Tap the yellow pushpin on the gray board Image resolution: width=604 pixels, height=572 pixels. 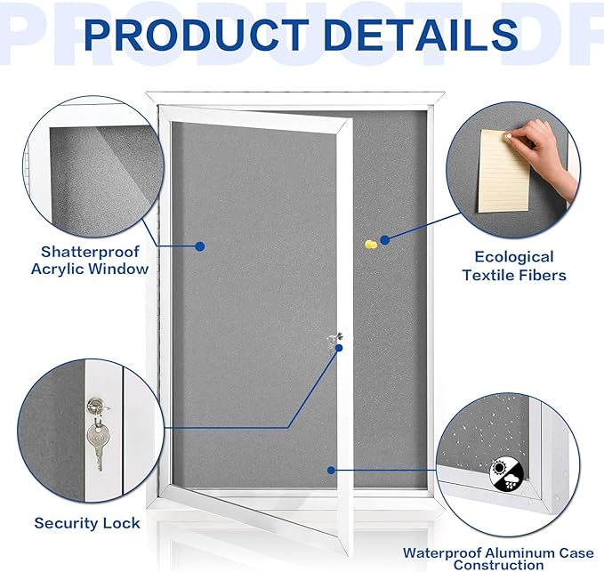coord(369,243)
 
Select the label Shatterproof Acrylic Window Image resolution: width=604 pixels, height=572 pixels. coord(93,260)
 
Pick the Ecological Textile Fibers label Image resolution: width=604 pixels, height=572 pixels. coord(514,266)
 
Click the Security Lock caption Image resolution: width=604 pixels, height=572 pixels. coord(87,523)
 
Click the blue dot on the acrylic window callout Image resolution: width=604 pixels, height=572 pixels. coord(200,246)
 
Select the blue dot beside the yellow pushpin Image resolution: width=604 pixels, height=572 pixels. coord(385,239)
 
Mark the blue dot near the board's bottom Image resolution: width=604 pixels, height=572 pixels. coord(331,470)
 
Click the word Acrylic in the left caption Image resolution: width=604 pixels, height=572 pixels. coord(65,269)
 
